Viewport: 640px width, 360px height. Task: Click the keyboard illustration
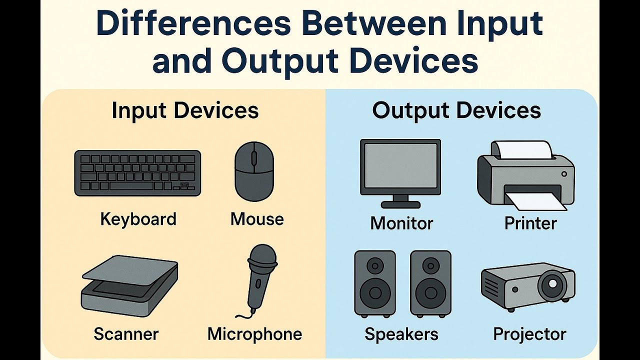(x=137, y=173)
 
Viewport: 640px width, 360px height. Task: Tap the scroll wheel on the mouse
(x=253, y=158)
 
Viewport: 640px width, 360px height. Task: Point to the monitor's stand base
(x=400, y=203)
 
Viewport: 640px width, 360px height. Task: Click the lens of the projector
(x=552, y=283)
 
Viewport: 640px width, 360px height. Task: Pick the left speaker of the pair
(x=374, y=283)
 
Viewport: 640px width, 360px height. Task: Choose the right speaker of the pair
(x=430, y=283)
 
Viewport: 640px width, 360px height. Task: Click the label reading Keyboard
(x=138, y=219)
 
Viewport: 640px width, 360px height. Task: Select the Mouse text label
(x=257, y=219)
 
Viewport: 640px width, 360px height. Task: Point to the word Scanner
(x=126, y=333)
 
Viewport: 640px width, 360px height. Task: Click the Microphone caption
(x=254, y=333)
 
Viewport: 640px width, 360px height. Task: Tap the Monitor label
(x=401, y=223)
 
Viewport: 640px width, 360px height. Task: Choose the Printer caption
(x=530, y=223)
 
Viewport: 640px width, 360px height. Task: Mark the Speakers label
(x=401, y=333)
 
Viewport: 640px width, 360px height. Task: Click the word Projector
(x=529, y=333)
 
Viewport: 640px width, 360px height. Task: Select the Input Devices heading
(x=185, y=110)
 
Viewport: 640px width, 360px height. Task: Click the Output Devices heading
(x=456, y=110)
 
